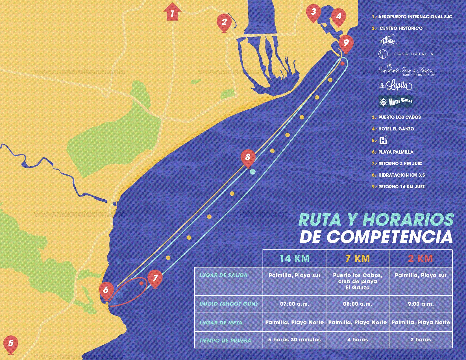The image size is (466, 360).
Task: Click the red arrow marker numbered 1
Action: [x=172, y=12]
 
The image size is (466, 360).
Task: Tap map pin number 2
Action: [x=224, y=22]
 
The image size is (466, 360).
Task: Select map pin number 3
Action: [x=313, y=12]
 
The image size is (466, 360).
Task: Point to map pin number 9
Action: [x=346, y=43]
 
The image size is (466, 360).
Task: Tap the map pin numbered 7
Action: [x=155, y=279]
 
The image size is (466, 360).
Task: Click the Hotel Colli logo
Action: [x=396, y=101]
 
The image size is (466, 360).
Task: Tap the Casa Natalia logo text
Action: [x=413, y=54]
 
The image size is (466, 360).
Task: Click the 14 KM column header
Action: [x=294, y=258]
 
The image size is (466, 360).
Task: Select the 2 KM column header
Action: [x=421, y=258]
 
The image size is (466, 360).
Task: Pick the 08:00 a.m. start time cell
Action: [x=358, y=304]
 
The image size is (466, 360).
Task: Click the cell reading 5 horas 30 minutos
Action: [x=294, y=340]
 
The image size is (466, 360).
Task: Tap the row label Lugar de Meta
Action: [x=221, y=322]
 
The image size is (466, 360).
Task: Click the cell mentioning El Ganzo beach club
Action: [x=358, y=281]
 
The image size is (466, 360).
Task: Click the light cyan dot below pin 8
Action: [x=253, y=172]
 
